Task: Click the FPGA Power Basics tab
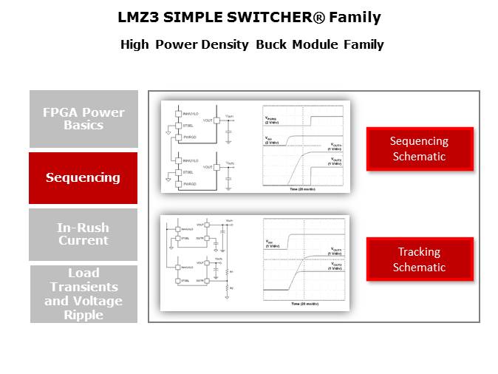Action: click(83, 119)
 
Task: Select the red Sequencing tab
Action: click(83, 177)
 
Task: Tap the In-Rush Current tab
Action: click(83, 234)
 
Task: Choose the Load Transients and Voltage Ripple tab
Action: click(83, 293)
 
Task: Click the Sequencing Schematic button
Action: click(419, 149)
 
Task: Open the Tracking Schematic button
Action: click(419, 259)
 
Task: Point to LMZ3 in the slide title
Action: click(140, 17)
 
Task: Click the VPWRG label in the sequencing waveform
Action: click(273, 118)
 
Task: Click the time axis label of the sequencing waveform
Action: click(303, 189)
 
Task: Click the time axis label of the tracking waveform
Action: click(303, 303)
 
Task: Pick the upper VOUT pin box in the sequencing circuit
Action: click(216, 120)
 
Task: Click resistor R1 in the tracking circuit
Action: click(228, 271)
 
